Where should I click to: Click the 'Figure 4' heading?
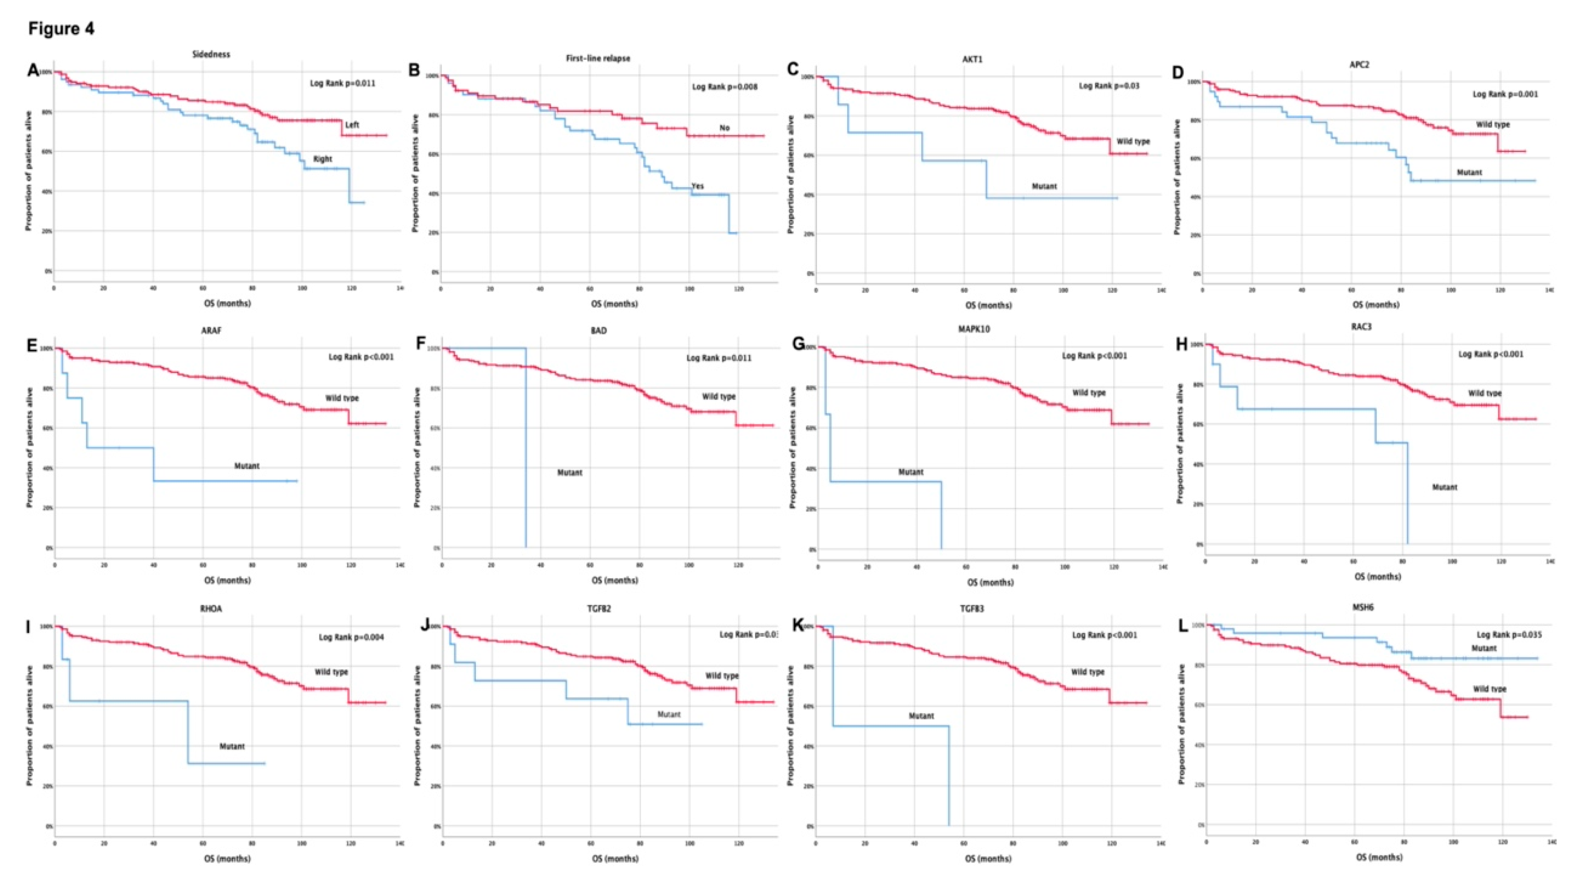61,29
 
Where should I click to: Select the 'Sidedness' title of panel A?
211,54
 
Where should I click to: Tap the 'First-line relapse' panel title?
598,58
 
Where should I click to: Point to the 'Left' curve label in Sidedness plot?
352,125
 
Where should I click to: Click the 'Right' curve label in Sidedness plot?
323,159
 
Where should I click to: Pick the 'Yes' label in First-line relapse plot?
698,186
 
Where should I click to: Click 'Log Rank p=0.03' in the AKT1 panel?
1109,86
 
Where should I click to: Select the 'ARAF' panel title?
211,331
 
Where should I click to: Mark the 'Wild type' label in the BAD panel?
719,397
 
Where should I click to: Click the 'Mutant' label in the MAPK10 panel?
911,473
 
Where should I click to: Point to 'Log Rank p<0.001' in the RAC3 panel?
1491,354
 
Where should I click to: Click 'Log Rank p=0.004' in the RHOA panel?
351,637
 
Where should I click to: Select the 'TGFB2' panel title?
598,609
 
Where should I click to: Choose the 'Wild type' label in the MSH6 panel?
1489,689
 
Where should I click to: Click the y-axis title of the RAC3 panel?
1180,444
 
